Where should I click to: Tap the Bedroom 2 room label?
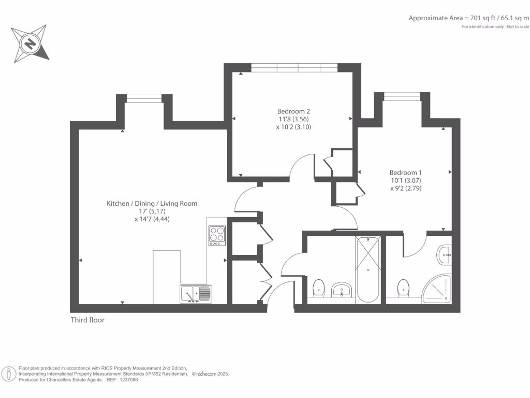[293, 111]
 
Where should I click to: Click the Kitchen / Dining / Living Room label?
[152, 204]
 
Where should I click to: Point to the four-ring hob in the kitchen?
[217, 235]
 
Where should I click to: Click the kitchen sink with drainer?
[196, 294]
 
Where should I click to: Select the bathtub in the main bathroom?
[367, 269]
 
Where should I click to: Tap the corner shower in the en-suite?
[437, 289]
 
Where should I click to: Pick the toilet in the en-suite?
[403, 288]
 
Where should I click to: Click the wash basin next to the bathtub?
[341, 291]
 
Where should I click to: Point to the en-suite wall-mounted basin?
[445, 254]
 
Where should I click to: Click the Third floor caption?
[87, 320]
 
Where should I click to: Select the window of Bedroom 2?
[293, 67]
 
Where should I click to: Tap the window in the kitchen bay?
[144, 98]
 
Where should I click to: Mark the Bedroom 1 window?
[402, 96]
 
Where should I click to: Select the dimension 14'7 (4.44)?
[152, 219]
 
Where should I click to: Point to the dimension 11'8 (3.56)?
[293, 119]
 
